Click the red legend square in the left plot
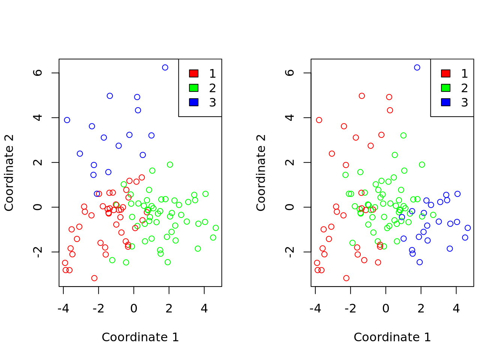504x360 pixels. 193,73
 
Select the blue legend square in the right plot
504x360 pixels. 445,102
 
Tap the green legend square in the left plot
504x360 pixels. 193,88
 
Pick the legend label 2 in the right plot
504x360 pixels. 464,88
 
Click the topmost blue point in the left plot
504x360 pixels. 165,67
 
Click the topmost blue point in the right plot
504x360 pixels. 417,67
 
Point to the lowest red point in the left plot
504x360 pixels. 94,278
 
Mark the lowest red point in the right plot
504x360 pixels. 346,278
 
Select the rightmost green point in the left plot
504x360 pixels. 216,228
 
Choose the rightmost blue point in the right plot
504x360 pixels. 468,228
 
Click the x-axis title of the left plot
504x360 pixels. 140,337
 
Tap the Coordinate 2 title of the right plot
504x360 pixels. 261,172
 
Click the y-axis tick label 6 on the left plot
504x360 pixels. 38,73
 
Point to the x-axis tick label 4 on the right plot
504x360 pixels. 456,309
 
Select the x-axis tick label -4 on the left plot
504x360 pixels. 63,309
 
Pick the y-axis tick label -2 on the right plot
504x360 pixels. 290,252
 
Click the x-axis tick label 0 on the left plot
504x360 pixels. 134,309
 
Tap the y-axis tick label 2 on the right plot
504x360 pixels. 290,162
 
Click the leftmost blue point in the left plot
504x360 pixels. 67,120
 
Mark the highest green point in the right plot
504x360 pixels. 403,135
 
